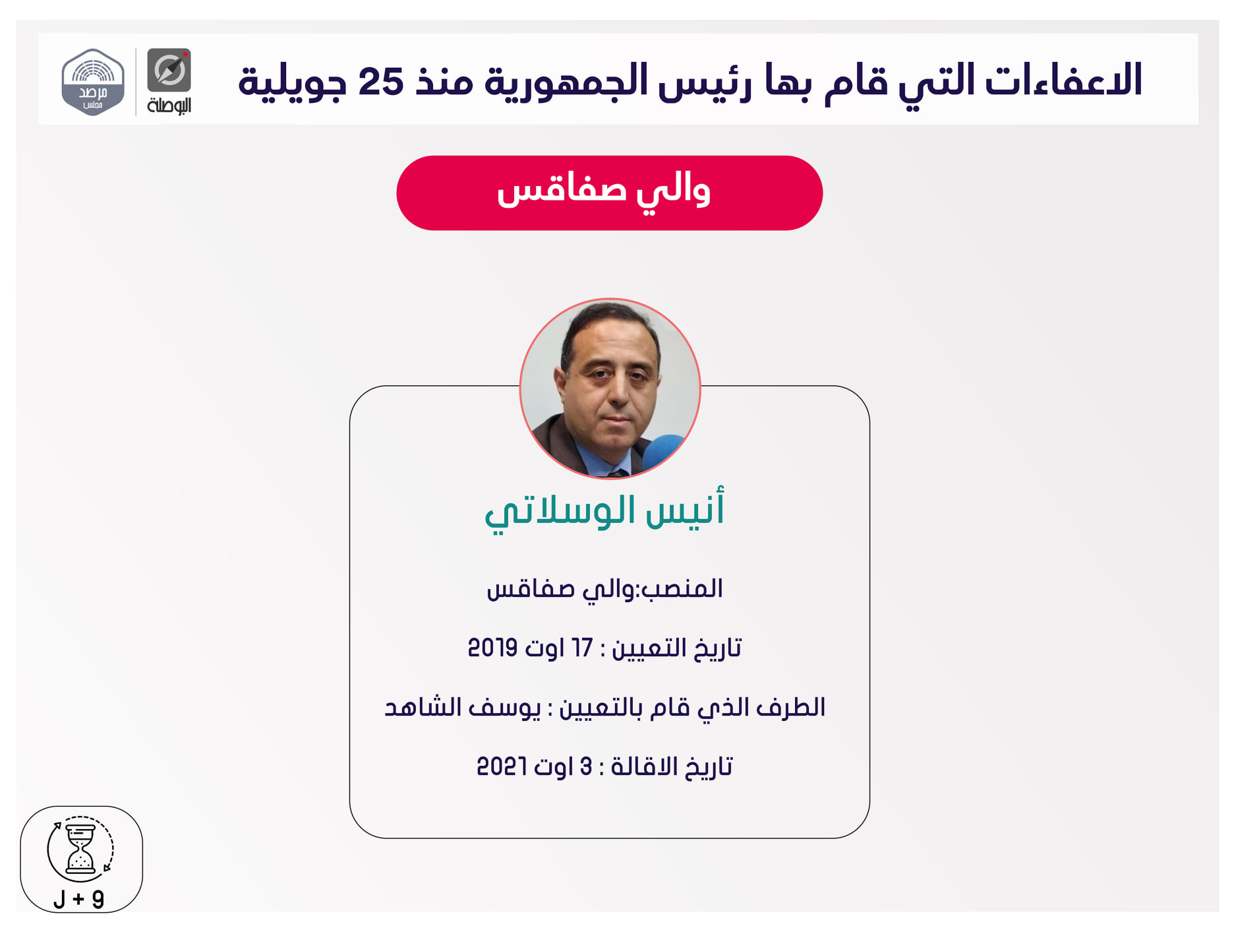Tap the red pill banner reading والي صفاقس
(609, 193)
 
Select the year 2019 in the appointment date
(492, 648)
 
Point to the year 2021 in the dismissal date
(501, 766)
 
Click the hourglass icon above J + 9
(80, 849)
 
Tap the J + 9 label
(79, 899)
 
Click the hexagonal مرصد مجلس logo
(93, 82)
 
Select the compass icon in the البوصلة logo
(169, 70)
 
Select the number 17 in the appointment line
(582, 648)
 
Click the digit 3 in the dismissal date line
(585, 766)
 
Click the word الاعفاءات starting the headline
(1063, 80)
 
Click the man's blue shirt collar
(593, 462)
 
